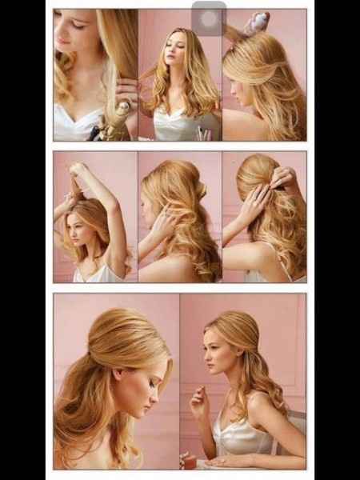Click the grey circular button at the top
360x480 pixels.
pos(209,18)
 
